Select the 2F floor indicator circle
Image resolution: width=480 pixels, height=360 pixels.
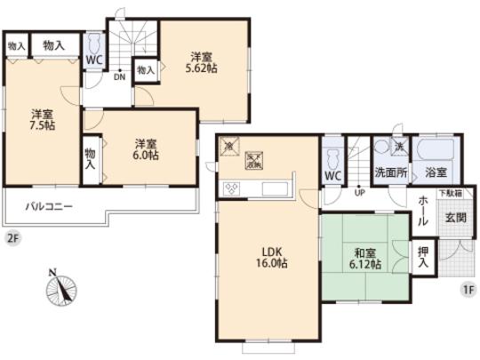12,237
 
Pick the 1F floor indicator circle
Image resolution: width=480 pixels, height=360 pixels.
467,290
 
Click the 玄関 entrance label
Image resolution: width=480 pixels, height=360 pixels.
454,216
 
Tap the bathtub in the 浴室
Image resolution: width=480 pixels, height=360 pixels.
436,150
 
